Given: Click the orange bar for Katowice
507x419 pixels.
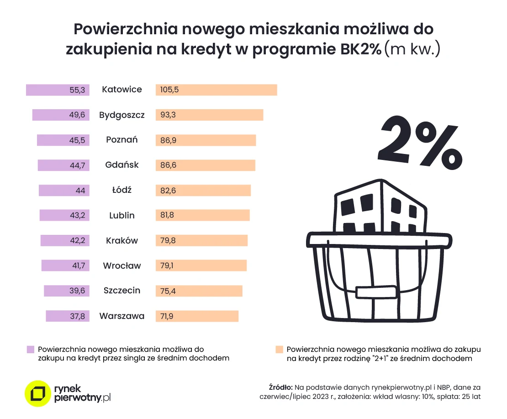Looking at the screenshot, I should point(217,90).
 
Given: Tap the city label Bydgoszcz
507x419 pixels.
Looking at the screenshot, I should point(122,115).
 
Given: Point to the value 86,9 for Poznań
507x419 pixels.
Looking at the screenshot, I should point(168,140).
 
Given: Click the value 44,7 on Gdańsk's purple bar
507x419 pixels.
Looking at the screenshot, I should point(77,165).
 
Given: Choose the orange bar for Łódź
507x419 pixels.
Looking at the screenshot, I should point(203,191).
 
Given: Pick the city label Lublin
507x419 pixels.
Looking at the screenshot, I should point(122,216).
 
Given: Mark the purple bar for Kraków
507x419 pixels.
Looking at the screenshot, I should point(65,241).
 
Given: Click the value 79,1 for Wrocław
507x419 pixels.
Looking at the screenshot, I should point(167,266).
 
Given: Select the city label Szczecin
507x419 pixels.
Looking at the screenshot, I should point(122,291).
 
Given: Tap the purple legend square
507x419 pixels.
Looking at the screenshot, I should point(31,349).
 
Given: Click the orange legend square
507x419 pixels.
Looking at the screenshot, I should point(279,349).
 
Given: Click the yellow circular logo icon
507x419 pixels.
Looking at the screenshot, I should point(37,393).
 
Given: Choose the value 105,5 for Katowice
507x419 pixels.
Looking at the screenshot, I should point(169,90).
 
